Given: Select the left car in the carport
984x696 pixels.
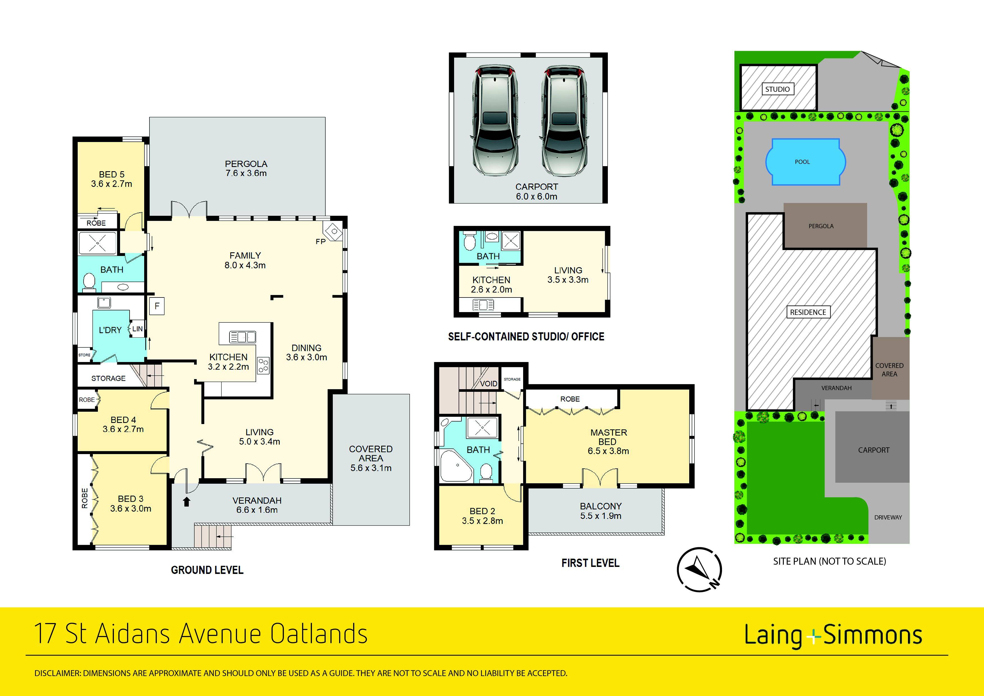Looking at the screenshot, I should tap(495, 121).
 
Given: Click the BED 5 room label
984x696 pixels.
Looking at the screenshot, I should tap(111, 175).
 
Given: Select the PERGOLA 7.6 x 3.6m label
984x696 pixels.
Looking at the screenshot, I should tap(246, 169).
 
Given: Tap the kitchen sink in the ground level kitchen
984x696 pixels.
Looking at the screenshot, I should tap(243, 337).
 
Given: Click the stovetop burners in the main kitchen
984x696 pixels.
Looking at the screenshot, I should tap(263, 365).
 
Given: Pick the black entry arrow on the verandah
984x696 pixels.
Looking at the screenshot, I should tap(187, 501).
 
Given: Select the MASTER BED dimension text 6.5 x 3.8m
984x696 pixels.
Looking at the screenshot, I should tap(608, 451).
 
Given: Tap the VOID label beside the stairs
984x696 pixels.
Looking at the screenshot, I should tap(488, 383).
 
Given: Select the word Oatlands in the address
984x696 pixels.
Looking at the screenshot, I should tap(319, 634).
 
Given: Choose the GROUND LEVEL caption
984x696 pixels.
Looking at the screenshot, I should tap(207, 570).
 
